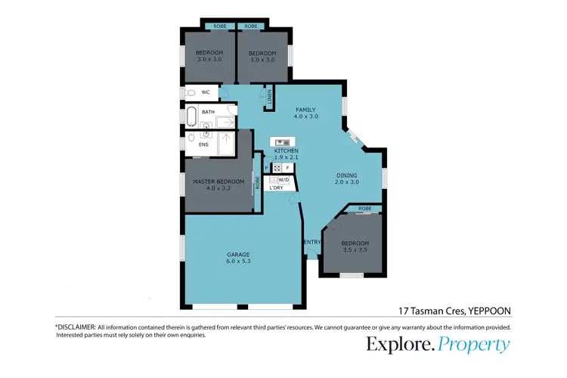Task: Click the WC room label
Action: point(204,92)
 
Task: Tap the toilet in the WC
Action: point(191,92)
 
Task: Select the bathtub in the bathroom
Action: point(191,117)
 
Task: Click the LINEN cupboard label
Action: point(269,98)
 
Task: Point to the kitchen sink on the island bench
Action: point(281,142)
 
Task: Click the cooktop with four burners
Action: point(277,169)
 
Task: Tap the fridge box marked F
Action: point(288,169)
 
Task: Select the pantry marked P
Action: point(265,168)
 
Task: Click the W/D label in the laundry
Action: point(283,180)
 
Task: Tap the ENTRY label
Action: point(311,242)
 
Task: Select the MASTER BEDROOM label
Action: point(218,181)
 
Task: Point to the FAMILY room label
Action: point(305,110)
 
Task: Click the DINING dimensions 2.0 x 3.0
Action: point(347,182)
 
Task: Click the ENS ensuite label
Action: point(203,144)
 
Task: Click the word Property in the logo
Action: point(475,345)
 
